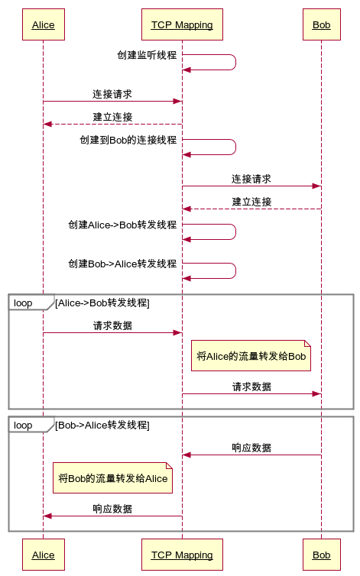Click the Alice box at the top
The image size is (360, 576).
pyautogui.click(x=43, y=25)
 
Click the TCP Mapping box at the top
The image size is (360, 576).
pyautogui.click(x=181, y=25)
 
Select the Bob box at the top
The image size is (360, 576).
pyautogui.click(x=321, y=25)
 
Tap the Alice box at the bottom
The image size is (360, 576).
pyautogui.click(x=43, y=555)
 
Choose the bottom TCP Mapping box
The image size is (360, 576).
pyautogui.click(x=181, y=555)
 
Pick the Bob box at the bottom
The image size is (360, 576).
pyautogui.click(x=321, y=555)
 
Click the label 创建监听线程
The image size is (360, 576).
pyautogui.click(x=147, y=55)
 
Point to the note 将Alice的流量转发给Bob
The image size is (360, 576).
pyautogui.click(x=251, y=356)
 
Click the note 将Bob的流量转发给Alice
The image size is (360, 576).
pyautogui.click(x=112, y=478)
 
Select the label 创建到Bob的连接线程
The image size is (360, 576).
pyautogui.click(x=128, y=140)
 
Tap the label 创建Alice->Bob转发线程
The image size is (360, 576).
pyautogui.click(x=122, y=225)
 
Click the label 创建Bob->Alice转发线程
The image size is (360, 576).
pyautogui.click(x=122, y=264)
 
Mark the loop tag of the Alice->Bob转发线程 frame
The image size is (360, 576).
pyautogui.click(x=24, y=303)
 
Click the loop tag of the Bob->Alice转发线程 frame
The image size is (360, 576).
pyautogui.click(x=24, y=426)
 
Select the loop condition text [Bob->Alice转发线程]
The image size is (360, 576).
pyautogui.click(x=102, y=426)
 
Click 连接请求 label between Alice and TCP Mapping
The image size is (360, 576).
pyautogui.click(x=112, y=94)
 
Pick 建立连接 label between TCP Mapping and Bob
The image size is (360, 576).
pyautogui.click(x=251, y=202)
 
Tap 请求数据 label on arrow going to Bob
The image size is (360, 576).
pyautogui.click(x=251, y=387)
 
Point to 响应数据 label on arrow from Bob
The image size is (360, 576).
pyautogui.click(x=251, y=448)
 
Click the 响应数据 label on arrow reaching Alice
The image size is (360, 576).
pyautogui.click(x=112, y=509)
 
